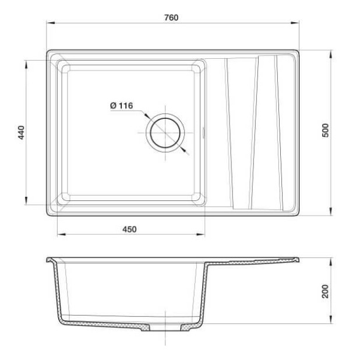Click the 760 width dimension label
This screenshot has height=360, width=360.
tap(171, 17)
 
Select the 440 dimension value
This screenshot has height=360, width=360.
tap(21, 132)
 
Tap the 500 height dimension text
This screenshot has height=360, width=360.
tap(325, 130)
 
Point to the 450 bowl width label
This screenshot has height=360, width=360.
tap(129, 230)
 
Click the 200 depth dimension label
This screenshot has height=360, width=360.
tap(325, 291)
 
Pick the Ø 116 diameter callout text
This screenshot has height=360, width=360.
tap(121, 105)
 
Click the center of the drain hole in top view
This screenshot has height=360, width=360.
tap(165, 133)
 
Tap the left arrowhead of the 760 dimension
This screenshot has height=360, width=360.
tap(51, 23)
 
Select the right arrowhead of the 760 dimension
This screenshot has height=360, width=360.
tap(295, 23)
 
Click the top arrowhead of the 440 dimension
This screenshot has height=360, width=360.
tap(26, 65)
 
